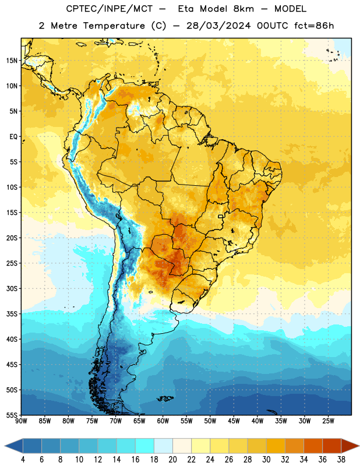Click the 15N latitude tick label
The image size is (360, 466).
pyautogui.click(x=12, y=61)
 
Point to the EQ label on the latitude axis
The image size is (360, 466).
pyautogui.click(x=13, y=137)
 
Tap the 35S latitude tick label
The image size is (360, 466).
pyautogui.click(x=12, y=314)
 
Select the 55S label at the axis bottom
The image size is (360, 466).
pyautogui.click(x=12, y=415)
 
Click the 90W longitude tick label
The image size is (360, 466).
pyautogui.click(x=21, y=421)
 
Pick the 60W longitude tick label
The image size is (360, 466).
pyautogui.click(x=163, y=421)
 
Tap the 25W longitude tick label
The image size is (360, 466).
pyautogui.click(x=328, y=421)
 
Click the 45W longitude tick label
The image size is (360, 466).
pyautogui.click(x=234, y=421)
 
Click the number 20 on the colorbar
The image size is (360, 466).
pyautogui.click(x=172, y=460)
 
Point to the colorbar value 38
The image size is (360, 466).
pyautogui.click(x=341, y=460)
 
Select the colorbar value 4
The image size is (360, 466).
pyautogui.click(x=23, y=460)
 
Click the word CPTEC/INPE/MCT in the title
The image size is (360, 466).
pyautogui.click(x=110, y=9)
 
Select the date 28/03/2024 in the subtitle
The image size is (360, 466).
pyautogui.click(x=218, y=26)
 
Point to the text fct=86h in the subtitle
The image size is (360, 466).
pyautogui.click(x=314, y=26)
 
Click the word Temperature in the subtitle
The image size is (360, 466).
pyautogui.click(x=114, y=26)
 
